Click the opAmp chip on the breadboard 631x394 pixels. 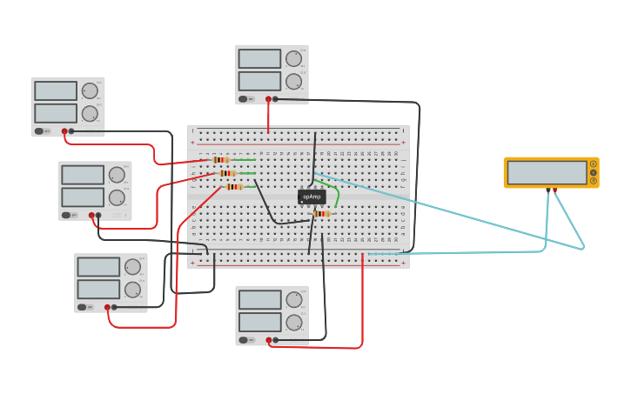pos(311,197)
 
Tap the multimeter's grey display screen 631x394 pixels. pos(547,172)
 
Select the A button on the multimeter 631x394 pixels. pos(594,164)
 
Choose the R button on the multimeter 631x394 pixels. pos(594,181)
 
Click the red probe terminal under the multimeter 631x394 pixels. pos(555,190)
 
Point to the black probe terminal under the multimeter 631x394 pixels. pos(548,190)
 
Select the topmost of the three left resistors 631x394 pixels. pos(221,160)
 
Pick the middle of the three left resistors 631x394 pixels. pos(227,173)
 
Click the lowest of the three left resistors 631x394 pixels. pos(234,186)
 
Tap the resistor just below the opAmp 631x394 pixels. pos(321,213)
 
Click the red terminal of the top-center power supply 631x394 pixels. pos(268,99)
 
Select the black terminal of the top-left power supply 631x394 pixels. pos(71,131)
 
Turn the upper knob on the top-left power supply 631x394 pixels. pos(90,90)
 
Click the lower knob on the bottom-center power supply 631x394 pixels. pos(294,323)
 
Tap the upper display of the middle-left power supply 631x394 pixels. pos(83,175)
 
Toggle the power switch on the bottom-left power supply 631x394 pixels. pos(83,307)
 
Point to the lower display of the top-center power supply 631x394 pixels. pos(259,81)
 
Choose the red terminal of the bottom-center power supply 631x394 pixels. pos(268,340)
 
